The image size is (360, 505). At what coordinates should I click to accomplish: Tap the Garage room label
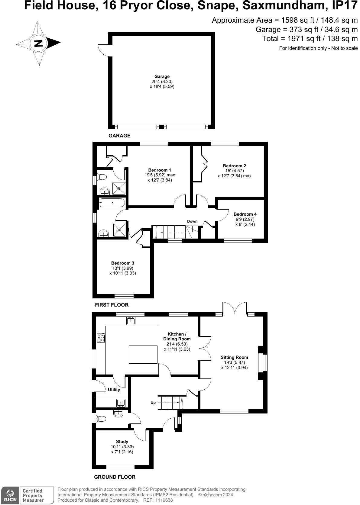point(162,76)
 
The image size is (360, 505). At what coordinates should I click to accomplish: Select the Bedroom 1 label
point(160,170)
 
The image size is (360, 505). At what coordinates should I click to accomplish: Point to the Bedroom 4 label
point(245,214)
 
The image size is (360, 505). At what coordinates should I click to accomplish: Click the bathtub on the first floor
point(112,203)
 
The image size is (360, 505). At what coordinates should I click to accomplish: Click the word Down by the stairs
point(192,221)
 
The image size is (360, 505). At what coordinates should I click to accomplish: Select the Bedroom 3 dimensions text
point(123,271)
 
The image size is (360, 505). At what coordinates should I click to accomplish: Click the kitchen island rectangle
point(143,355)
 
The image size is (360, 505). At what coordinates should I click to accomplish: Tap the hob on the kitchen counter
point(101,338)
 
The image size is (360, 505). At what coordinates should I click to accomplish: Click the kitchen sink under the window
point(131,321)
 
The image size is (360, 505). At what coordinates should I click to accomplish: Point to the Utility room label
point(114,390)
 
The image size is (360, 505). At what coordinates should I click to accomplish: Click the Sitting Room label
point(234,357)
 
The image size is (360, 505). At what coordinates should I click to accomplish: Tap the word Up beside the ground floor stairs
point(153,402)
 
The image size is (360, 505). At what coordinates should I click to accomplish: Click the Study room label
point(122,442)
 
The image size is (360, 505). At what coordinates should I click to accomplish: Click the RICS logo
point(10,495)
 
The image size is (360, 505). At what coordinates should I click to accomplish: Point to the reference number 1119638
point(164,500)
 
